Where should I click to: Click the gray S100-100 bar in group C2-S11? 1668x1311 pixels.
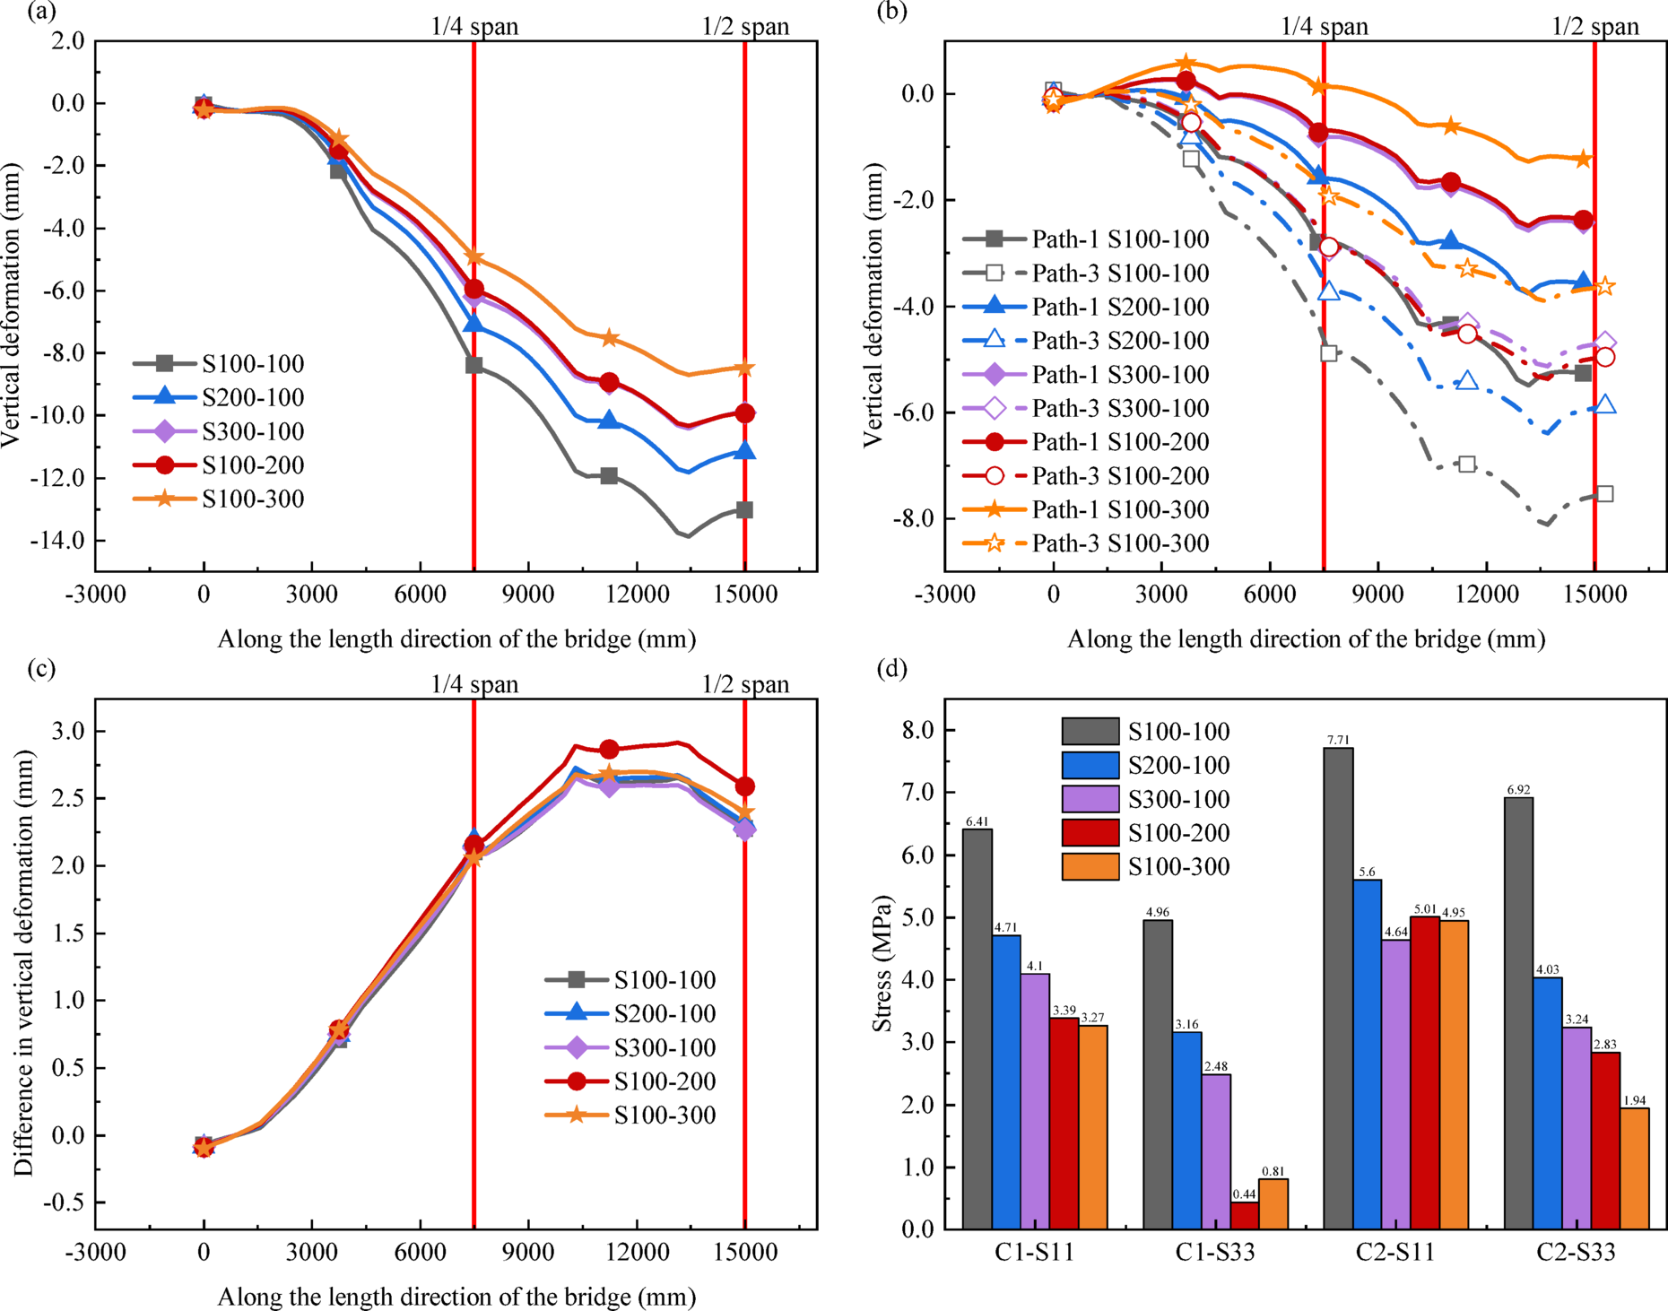click(1338, 986)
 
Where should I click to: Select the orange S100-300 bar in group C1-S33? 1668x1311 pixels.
click(1273, 1203)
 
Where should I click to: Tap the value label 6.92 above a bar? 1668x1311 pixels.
click(1518, 790)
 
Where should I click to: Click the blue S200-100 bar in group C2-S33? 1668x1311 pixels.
click(1548, 1102)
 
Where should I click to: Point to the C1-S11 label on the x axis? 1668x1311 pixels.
click(1034, 1253)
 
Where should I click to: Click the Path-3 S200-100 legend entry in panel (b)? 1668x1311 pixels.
click(1086, 341)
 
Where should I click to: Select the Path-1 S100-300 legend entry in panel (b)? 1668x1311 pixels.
click(1086, 509)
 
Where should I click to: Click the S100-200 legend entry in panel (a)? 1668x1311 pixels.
click(219, 465)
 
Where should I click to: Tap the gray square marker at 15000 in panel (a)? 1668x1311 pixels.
click(744, 510)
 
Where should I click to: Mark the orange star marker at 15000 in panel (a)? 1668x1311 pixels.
click(744, 368)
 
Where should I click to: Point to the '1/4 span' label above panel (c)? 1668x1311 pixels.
click(474, 685)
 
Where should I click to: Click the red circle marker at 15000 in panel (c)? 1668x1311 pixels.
click(744, 786)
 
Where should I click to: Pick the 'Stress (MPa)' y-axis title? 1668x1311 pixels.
click(882, 964)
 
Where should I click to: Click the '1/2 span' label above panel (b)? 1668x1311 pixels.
click(1595, 27)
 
